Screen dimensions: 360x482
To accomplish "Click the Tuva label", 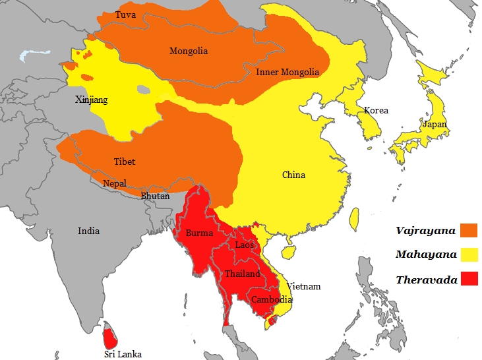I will pyautogui.click(x=125, y=15).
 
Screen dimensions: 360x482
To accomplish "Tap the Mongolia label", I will pyautogui.click(x=189, y=51).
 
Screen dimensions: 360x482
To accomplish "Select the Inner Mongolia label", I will pyautogui.click(x=287, y=72).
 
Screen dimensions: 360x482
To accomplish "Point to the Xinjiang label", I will pyautogui.click(x=91, y=100).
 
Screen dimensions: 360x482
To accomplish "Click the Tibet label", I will pyautogui.click(x=124, y=162).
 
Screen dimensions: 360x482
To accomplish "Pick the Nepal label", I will pyautogui.click(x=114, y=183).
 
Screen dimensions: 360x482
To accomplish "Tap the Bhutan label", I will pyautogui.click(x=155, y=196).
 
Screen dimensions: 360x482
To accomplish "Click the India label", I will pyautogui.click(x=88, y=231).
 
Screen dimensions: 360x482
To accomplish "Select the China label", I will pyautogui.click(x=293, y=175).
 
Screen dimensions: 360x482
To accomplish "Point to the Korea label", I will pyautogui.click(x=377, y=110).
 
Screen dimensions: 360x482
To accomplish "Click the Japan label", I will pyautogui.click(x=435, y=124).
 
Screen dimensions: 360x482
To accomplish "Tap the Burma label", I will pyautogui.click(x=199, y=233).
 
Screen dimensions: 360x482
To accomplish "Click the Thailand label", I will pyautogui.click(x=242, y=274).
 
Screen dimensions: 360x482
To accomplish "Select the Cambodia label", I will pyautogui.click(x=271, y=299).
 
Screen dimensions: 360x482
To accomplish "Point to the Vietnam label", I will pyautogui.click(x=303, y=286).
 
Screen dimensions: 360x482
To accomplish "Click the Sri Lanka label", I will pyautogui.click(x=123, y=354).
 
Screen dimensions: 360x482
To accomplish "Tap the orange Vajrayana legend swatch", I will pyautogui.click(x=469, y=230).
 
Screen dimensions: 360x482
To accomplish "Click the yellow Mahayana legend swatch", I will pyautogui.click(x=469, y=255).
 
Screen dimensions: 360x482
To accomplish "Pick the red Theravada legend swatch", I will pyautogui.click(x=469, y=280).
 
